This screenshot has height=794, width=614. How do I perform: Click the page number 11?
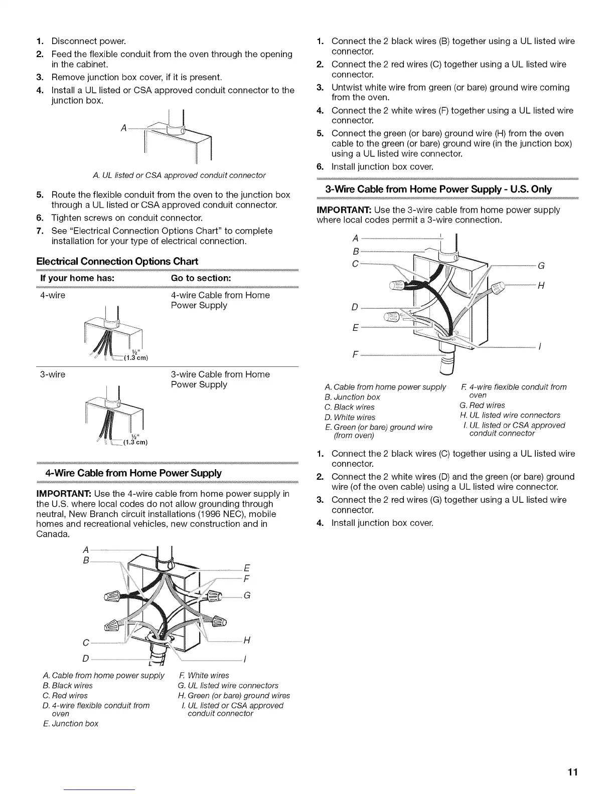pyautogui.click(x=573, y=772)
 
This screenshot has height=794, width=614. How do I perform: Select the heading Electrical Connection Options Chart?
pyautogui.click(x=117, y=261)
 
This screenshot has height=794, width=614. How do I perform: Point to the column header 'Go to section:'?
pyautogui.click(x=201, y=278)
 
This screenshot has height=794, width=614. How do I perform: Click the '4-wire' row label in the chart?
pyautogui.click(x=53, y=295)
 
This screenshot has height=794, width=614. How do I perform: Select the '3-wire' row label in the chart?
pyautogui.click(x=53, y=374)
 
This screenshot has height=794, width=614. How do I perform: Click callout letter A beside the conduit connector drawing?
pyautogui.click(x=123, y=128)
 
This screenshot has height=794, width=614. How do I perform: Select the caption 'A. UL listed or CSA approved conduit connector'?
pyautogui.click(x=179, y=175)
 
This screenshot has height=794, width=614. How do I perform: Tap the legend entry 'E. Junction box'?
pyautogui.click(x=70, y=723)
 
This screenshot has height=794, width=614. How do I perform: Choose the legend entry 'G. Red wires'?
pyautogui.click(x=482, y=405)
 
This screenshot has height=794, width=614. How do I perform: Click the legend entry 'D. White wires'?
pyautogui.click(x=350, y=417)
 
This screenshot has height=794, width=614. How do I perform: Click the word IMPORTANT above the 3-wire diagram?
pyautogui.click(x=344, y=210)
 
